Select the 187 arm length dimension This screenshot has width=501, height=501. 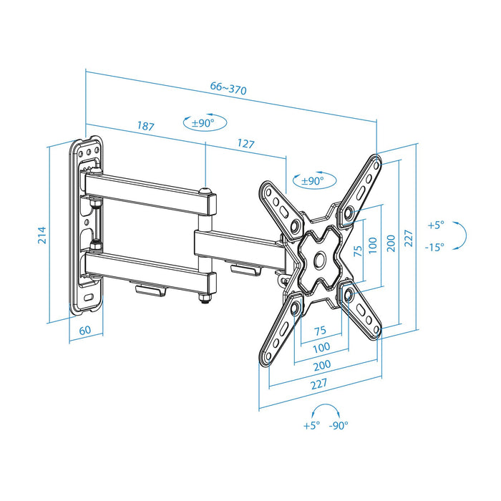145,127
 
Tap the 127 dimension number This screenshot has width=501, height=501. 245,144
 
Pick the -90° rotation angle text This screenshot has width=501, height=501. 339,425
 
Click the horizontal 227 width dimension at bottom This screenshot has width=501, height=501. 319,384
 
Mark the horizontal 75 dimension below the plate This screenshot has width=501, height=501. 320,330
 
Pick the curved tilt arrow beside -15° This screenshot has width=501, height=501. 462,235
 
